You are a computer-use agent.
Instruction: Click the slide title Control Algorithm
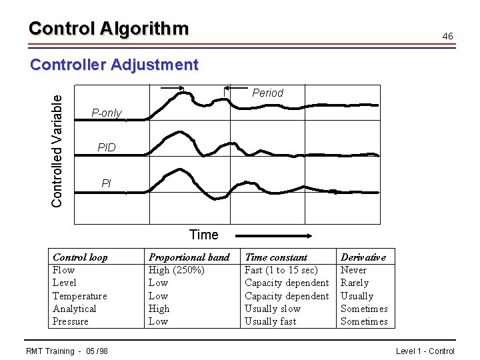(109, 29)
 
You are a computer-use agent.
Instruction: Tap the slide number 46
(448, 36)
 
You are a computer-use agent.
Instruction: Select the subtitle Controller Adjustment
(114, 65)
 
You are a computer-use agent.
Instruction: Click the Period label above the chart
(267, 93)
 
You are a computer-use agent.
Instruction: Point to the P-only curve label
(107, 113)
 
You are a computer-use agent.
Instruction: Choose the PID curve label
(107, 147)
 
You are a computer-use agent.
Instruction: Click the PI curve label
(107, 183)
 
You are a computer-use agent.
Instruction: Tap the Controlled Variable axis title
(58, 149)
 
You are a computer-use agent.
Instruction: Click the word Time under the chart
(203, 235)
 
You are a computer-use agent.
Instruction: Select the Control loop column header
(80, 257)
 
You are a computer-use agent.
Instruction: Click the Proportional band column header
(189, 257)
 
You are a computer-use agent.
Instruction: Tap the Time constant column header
(276, 257)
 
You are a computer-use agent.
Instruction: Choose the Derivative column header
(363, 257)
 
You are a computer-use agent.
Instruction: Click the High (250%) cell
(176, 270)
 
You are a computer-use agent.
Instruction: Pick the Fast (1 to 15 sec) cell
(281, 270)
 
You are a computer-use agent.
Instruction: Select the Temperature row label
(79, 296)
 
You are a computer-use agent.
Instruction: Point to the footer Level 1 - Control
(425, 351)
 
